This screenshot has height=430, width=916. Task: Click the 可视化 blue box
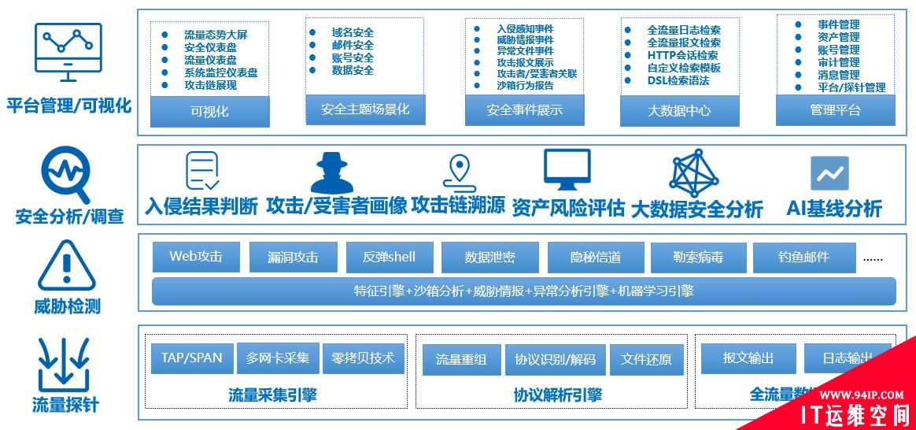click(209, 111)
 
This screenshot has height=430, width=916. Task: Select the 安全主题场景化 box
click(365, 109)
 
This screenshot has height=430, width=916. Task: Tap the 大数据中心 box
click(679, 110)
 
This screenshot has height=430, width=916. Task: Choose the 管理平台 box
click(835, 109)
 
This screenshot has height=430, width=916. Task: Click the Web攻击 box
click(196, 257)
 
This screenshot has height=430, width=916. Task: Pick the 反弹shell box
click(389, 257)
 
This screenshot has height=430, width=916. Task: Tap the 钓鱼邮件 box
click(803, 257)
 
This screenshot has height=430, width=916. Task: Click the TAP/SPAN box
click(191, 358)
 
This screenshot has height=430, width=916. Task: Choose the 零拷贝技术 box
click(363, 358)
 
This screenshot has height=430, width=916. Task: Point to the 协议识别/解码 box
click(555, 360)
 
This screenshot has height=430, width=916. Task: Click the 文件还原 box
click(646, 360)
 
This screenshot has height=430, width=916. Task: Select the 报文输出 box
click(748, 358)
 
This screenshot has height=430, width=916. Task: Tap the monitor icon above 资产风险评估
click(567, 169)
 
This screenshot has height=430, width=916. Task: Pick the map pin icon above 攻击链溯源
click(458, 172)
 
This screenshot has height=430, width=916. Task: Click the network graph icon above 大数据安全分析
click(696, 172)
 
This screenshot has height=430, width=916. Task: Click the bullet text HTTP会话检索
click(682, 56)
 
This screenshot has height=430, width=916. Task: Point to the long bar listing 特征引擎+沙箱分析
click(523, 291)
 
